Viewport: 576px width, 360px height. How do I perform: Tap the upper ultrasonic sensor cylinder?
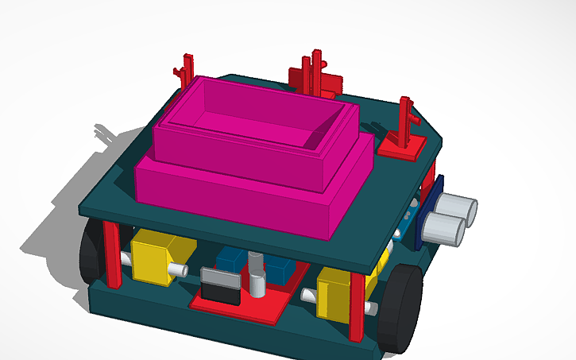tap(459, 209)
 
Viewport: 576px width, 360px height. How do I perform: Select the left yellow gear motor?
tap(157, 257)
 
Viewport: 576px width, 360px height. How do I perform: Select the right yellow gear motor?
tap(336, 292)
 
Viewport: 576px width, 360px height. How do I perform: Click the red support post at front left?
tap(114, 254)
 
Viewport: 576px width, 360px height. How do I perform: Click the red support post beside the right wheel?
tap(357, 306)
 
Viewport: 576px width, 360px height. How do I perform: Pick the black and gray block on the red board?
tap(220, 285)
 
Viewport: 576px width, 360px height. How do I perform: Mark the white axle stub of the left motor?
tap(182, 270)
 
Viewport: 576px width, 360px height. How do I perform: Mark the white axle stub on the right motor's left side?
tap(309, 295)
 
